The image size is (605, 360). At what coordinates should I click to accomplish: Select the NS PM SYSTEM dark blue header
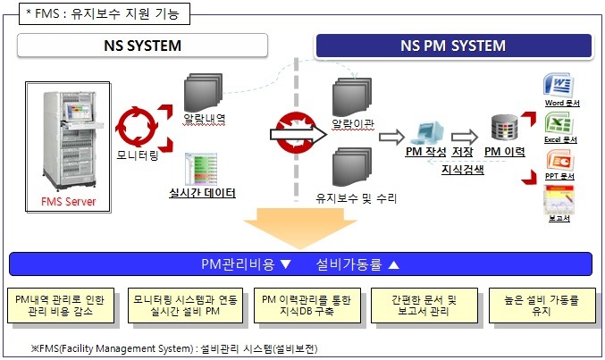point(455,46)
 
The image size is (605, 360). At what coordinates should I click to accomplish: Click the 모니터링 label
point(139,155)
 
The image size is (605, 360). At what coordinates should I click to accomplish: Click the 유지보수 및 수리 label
point(356,197)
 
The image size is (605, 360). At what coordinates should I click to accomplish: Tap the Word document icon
point(561,88)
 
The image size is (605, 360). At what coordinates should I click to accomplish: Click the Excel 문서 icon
point(561,124)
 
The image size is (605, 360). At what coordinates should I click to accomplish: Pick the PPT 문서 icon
point(561,162)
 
